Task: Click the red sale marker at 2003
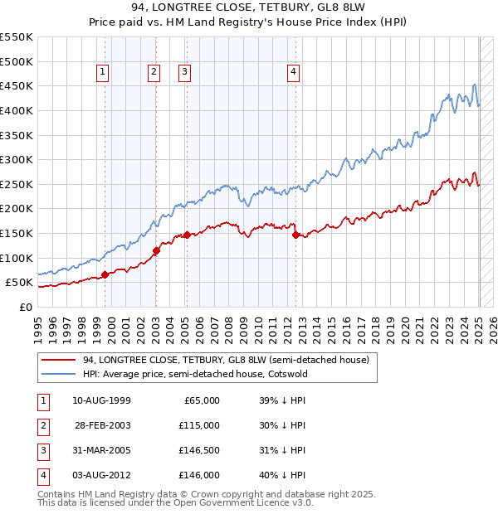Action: coord(156,250)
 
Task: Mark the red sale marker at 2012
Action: coord(295,235)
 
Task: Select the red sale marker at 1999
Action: coord(105,274)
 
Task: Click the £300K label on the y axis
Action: coord(16,159)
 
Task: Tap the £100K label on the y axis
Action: coord(16,258)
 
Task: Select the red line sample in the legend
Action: coord(57,360)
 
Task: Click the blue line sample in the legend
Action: coord(57,374)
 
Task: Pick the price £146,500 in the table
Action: coord(199,450)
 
